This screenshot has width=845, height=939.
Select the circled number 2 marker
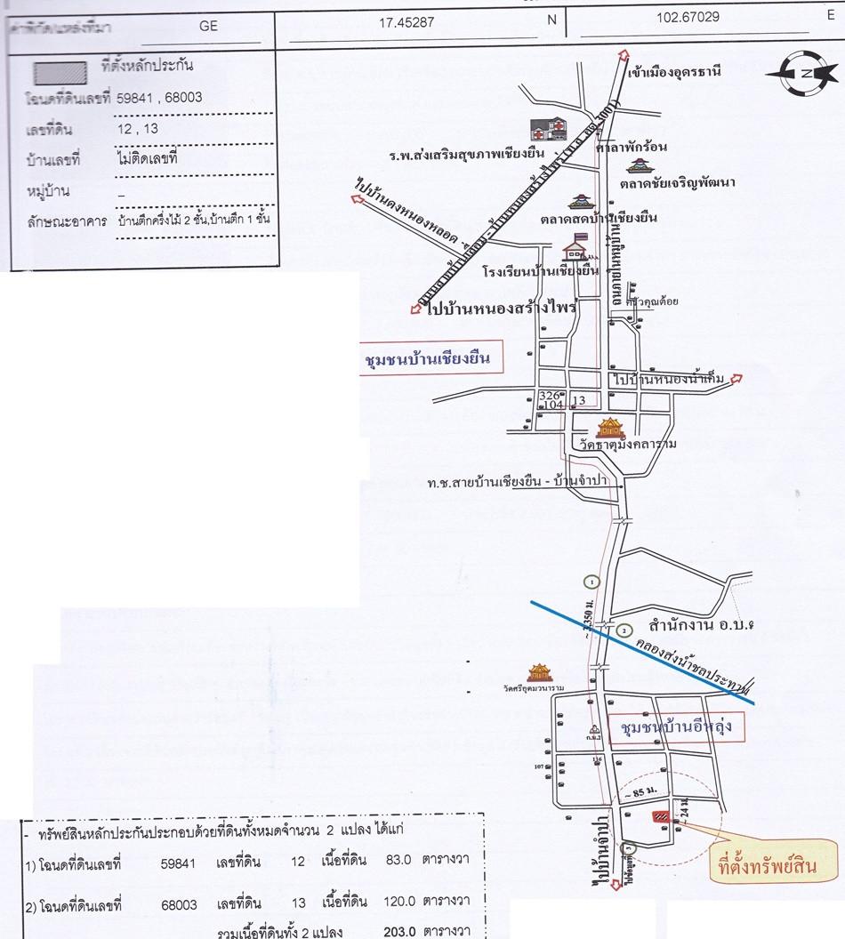pyautogui.click(x=624, y=630)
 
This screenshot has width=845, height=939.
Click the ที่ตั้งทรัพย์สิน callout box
pyautogui.click(x=767, y=863)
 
